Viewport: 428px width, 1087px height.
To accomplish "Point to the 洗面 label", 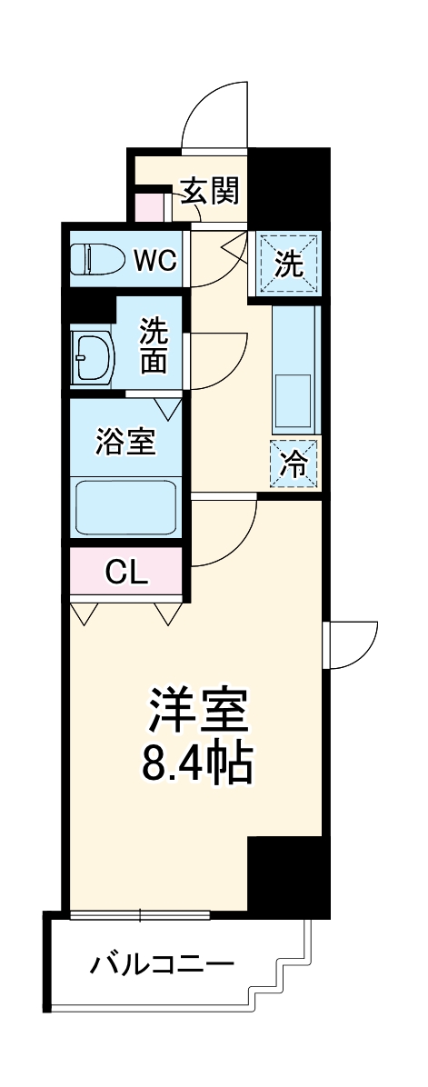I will pyautogui.click(x=153, y=346).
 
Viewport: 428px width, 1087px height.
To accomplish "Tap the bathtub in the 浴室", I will pyautogui.click(x=125, y=506).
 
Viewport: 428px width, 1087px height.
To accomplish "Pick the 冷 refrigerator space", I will pyautogui.click(x=294, y=464).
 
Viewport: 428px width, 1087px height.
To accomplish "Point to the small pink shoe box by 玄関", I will pyautogui.click(x=149, y=205).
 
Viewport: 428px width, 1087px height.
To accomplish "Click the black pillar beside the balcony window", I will pyautogui.click(x=286, y=876).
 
